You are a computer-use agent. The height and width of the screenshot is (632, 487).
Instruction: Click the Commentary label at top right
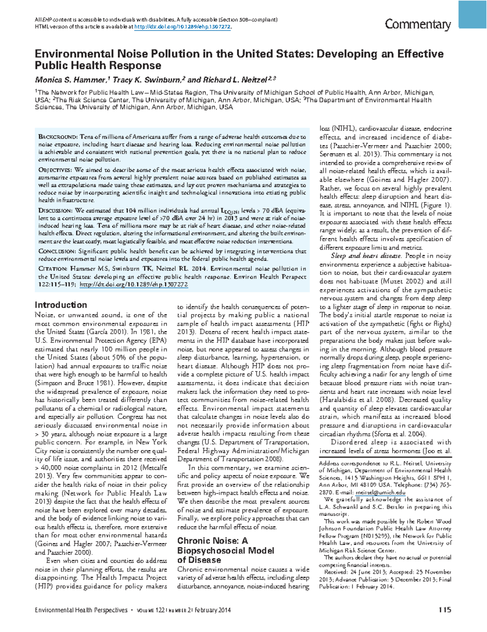pos(418,25)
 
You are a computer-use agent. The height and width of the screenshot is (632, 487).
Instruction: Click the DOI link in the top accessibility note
pos(183,27)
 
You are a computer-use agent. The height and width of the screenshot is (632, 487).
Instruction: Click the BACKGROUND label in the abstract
pos(57,137)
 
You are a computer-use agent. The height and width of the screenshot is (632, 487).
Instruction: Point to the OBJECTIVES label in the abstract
pos(55,170)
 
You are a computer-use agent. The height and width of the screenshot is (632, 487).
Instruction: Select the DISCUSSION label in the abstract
pos(55,211)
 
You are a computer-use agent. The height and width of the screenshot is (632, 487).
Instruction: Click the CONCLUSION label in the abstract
pos(57,252)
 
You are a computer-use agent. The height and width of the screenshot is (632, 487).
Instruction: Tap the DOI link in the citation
pos(134,285)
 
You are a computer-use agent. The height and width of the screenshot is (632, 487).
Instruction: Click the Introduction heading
pos(61,305)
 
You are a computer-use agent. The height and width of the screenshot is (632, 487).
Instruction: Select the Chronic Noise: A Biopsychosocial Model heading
pos(225,550)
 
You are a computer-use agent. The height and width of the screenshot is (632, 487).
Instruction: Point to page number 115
pos(445,610)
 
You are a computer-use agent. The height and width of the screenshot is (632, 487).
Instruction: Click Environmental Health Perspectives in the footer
pos(81,610)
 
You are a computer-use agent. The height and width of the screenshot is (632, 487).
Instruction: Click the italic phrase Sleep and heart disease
pos(366,256)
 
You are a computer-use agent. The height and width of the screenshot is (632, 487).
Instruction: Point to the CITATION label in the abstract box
pos(53,269)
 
